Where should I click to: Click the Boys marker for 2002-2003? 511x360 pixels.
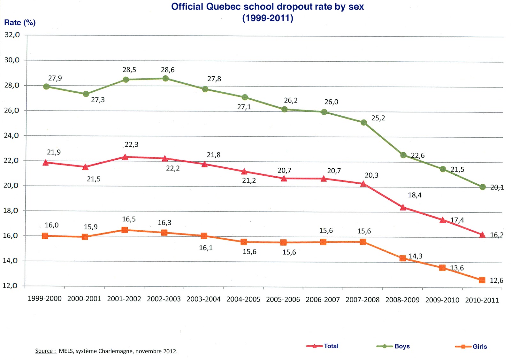pyautogui.click(x=165, y=78)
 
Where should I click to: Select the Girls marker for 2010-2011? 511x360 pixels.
pyautogui.click(x=482, y=280)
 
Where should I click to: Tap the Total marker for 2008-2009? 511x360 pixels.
pyautogui.click(x=403, y=207)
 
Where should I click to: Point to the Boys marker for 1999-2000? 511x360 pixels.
pyautogui.click(x=46, y=87)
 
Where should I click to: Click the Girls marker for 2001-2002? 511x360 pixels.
pyautogui.click(x=125, y=230)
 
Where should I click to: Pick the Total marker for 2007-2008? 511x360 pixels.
pyautogui.click(x=363, y=184)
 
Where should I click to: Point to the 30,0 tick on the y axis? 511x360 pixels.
pyautogui.click(x=12, y=60)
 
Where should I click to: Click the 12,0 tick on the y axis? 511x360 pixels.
pyautogui.click(x=10, y=286)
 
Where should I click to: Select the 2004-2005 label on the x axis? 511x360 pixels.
pyautogui.click(x=243, y=299)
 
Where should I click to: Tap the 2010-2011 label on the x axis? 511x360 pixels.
pyautogui.click(x=482, y=300)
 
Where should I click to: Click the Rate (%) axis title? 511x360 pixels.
pyautogui.click(x=20, y=23)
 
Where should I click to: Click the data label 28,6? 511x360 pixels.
pyautogui.click(x=168, y=70)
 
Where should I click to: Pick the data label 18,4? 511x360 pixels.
pyautogui.click(x=415, y=195)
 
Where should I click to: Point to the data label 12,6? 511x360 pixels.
pyautogui.click(x=496, y=280)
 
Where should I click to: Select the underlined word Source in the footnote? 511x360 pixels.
pyautogui.click(x=44, y=351)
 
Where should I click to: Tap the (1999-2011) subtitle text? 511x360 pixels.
pyautogui.click(x=268, y=18)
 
